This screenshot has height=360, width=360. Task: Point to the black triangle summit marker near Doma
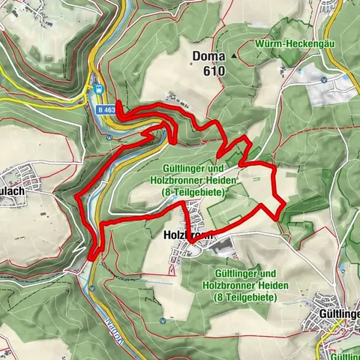235,56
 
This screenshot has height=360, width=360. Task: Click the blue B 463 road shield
106,109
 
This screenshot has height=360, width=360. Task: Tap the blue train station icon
98,89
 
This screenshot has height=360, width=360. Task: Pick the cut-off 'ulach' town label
13,190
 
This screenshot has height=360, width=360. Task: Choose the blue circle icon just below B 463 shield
109,137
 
